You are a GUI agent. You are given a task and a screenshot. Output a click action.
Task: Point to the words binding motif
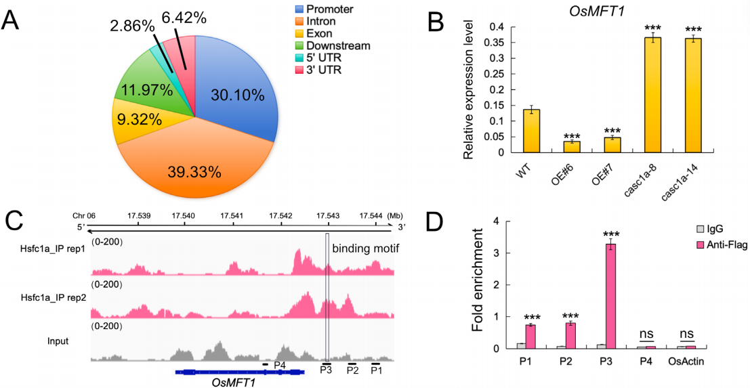tap(359, 249)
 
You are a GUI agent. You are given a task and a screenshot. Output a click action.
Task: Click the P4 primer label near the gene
tap(279, 364)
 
